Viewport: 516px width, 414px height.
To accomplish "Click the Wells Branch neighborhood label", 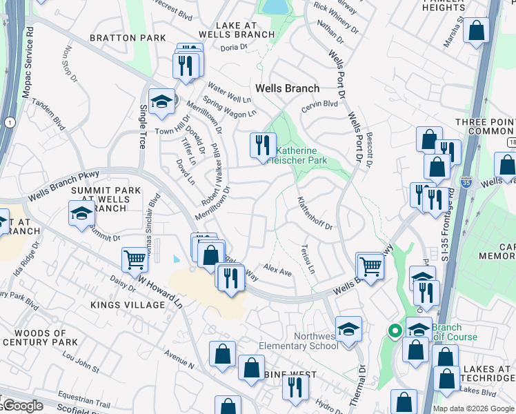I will pyautogui.click(x=287, y=88).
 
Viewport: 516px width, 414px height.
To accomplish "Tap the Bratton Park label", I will pyautogui.click(x=127, y=37).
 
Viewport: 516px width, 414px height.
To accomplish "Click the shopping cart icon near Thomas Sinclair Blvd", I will pyautogui.click(x=135, y=260).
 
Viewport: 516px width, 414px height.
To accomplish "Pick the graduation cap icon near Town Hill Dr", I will pyautogui.click(x=161, y=101).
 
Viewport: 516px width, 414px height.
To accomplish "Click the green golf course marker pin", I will pyautogui.click(x=395, y=331).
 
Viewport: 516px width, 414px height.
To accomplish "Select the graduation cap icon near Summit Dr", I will pyautogui.click(x=81, y=213).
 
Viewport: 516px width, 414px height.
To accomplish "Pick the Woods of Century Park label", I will pyautogui.click(x=41, y=337).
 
